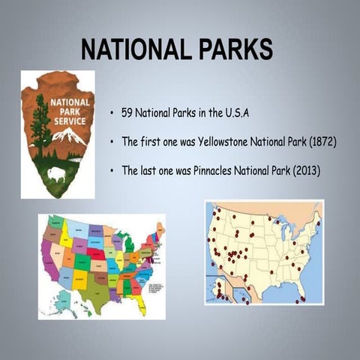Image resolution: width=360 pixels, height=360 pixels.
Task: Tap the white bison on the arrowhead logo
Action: [x=56, y=174]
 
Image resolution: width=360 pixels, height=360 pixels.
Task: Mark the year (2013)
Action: [x=304, y=171]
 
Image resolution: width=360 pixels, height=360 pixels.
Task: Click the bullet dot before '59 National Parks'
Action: [x=111, y=114]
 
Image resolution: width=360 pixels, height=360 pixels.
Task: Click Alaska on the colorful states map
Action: [x=64, y=301]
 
